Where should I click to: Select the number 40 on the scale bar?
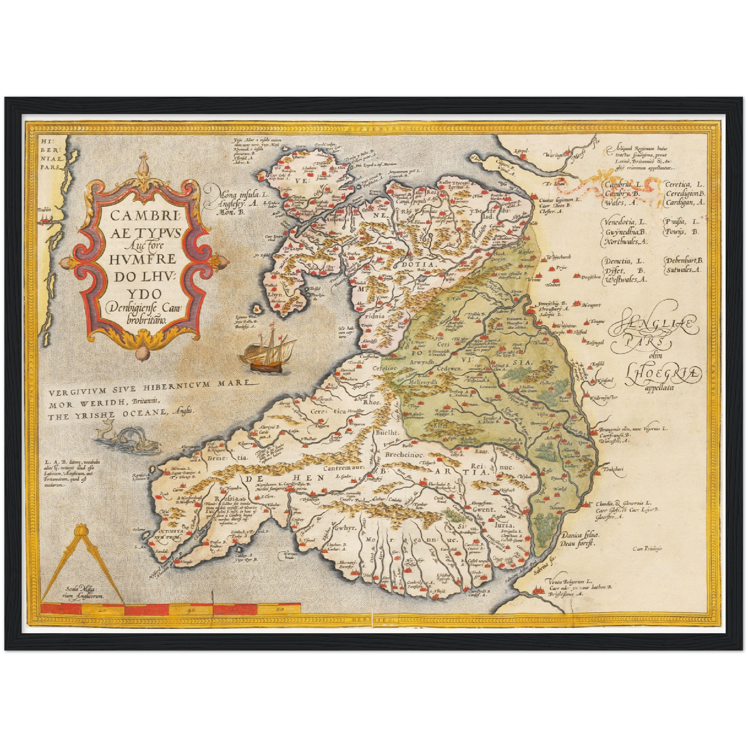point(192,611)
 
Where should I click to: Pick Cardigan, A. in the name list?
point(684,203)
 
